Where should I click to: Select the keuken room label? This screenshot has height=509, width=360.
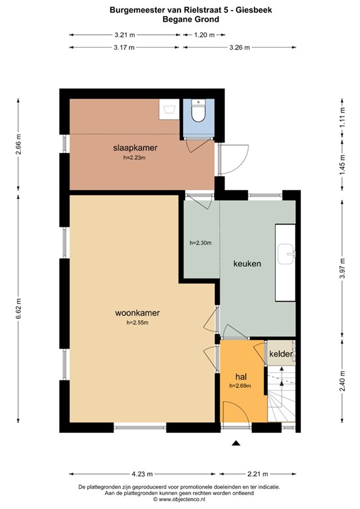pyautogui.click(x=247, y=263)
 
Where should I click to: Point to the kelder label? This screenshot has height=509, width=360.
pyautogui.click(x=281, y=355)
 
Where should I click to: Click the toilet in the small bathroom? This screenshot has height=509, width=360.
pyautogui.click(x=198, y=113)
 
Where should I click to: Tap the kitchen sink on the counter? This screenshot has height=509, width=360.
pyautogui.click(x=286, y=251)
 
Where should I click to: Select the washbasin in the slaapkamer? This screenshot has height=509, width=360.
pyautogui.click(x=168, y=109)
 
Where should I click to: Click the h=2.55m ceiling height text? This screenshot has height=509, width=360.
pyautogui.click(x=137, y=323)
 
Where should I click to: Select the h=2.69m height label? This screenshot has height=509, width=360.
pyautogui.click(x=240, y=385)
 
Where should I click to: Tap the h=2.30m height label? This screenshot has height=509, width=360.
pyautogui.click(x=200, y=243)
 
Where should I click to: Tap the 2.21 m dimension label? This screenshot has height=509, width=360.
pyautogui.click(x=258, y=474)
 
